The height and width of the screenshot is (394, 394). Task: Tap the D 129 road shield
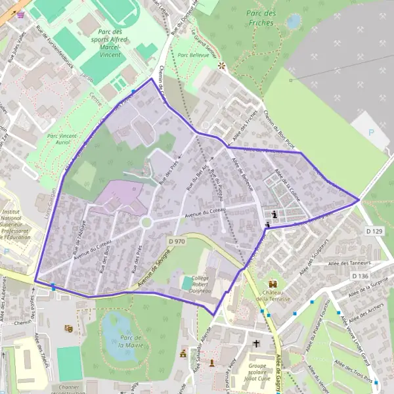coord(374,230)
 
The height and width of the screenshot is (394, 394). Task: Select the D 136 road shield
coord(360,276)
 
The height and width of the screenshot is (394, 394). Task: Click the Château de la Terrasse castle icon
coord(274,284)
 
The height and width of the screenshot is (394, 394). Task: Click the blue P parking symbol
coord(372,132)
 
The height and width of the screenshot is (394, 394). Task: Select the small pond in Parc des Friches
coord(293,22)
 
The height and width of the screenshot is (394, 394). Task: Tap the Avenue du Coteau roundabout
coord(146,223)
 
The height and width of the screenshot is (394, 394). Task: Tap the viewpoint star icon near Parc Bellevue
coord(221,65)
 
